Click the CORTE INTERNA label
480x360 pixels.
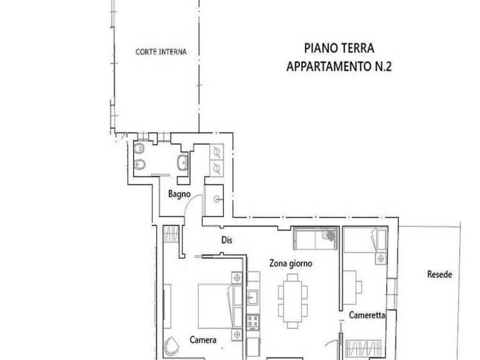(161, 52)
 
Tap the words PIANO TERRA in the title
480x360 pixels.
(339, 48)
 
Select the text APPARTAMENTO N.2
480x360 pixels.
(339, 66)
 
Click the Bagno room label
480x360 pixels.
(180, 194)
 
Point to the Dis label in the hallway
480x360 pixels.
(227, 240)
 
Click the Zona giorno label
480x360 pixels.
(291, 263)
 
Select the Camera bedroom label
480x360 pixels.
(203, 339)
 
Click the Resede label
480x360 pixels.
(440, 274)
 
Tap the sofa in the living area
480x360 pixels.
(315, 239)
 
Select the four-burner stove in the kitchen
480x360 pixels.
(253, 322)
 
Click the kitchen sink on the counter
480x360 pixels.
(253, 297)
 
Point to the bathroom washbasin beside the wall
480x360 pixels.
(183, 162)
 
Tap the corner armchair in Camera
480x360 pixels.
(172, 346)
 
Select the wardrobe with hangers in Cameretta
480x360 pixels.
(364, 348)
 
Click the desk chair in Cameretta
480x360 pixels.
(359, 287)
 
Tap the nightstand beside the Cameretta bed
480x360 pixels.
(381, 259)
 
